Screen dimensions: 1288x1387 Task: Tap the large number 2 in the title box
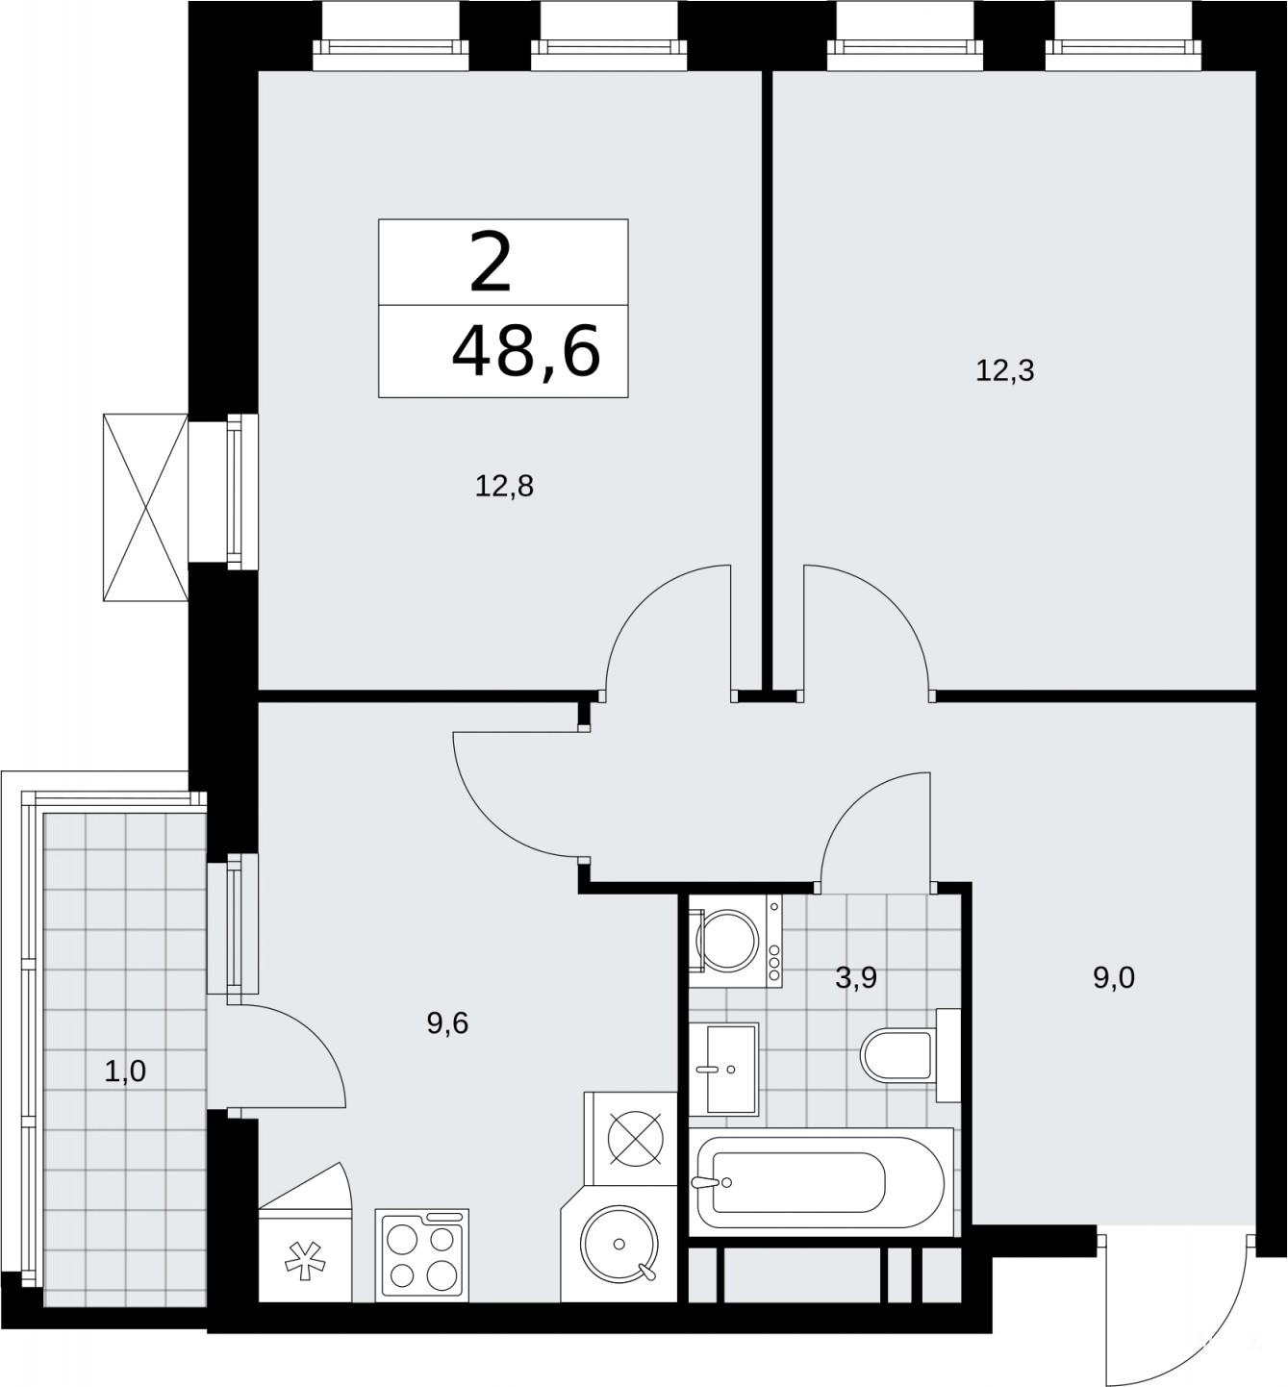[491, 265]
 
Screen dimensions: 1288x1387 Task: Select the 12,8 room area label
[504, 486]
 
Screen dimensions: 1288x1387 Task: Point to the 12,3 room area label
[1004, 371]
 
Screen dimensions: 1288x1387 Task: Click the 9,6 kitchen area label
[447, 1023]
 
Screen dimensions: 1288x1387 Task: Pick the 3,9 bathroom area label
[856, 978]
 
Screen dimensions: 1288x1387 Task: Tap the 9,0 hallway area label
[1113, 978]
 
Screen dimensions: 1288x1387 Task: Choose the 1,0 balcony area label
[125, 1072]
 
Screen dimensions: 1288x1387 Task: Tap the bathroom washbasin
[723, 1069]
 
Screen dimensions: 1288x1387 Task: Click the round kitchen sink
[619, 1244]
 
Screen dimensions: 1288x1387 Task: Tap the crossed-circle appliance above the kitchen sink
[635, 1139]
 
